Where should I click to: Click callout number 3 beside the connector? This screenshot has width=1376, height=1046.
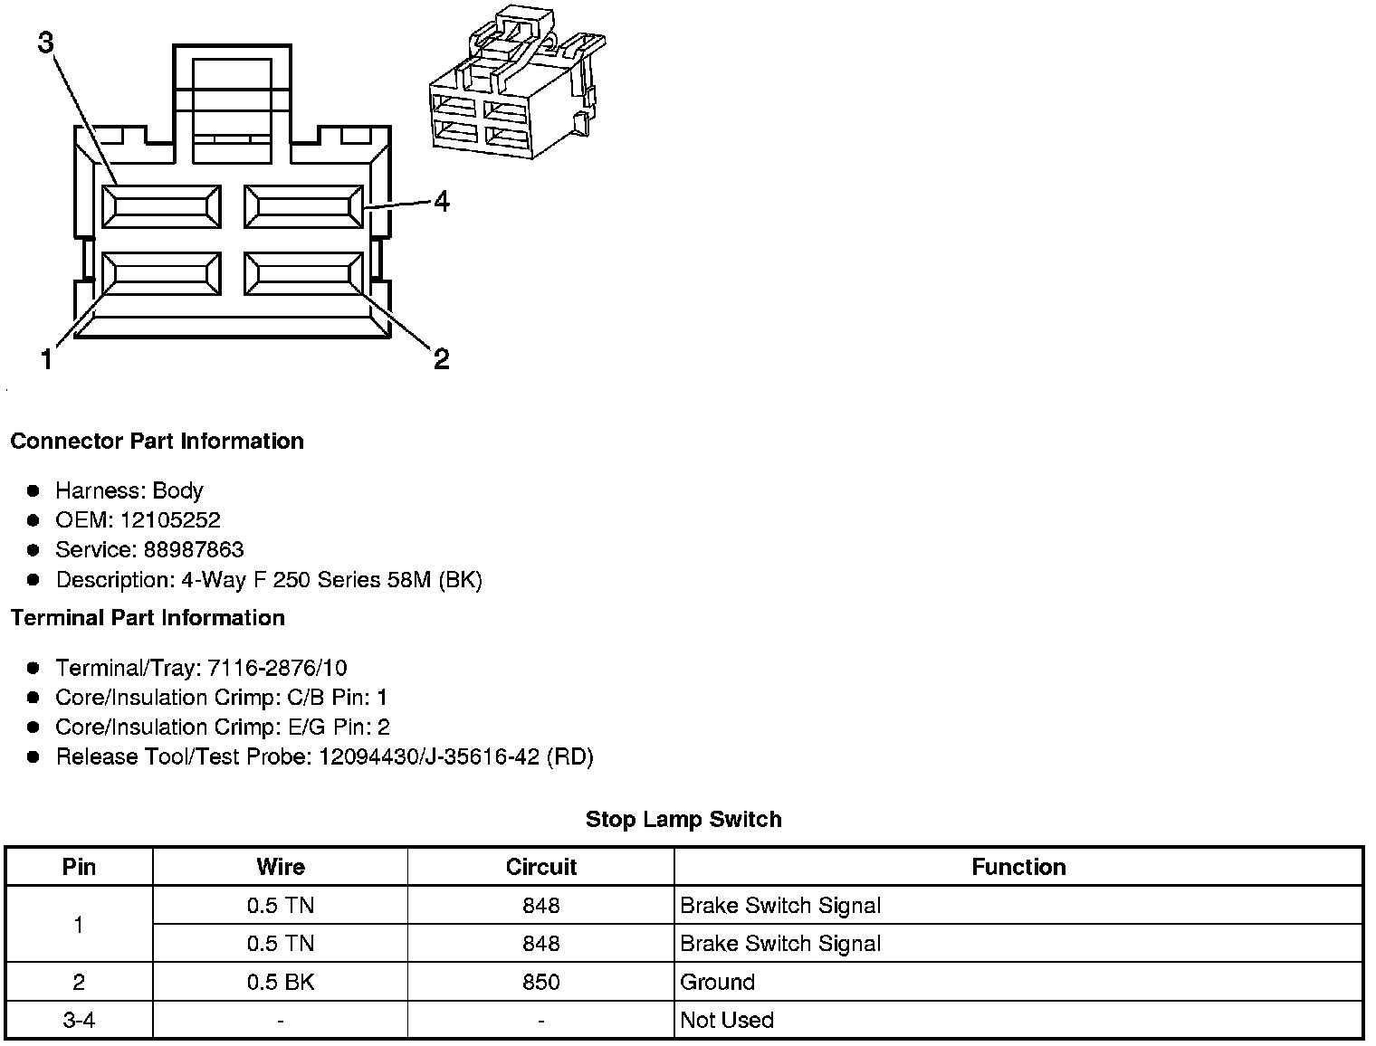46,43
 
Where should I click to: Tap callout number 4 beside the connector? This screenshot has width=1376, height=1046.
442,201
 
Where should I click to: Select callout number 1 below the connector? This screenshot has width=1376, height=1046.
46,360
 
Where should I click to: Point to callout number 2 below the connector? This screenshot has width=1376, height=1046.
441,360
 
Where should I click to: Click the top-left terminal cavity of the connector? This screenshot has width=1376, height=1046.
161,207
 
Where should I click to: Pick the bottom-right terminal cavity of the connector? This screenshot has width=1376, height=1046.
303,273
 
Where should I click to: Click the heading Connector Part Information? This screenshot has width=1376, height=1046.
157,442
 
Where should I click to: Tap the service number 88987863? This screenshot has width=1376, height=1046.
193,550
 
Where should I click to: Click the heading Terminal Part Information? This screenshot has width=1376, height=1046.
148,618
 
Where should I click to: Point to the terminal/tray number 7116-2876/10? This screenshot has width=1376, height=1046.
277,669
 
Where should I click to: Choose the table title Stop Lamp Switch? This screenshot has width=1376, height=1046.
683,820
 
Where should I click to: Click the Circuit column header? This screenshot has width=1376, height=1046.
540,867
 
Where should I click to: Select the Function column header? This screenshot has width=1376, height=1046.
1018,867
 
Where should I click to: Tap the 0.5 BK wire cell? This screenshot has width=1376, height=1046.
281,982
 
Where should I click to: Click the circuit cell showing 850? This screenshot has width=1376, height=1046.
540,982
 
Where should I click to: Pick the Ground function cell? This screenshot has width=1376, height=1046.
717,982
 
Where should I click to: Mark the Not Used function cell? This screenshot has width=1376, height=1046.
727,1021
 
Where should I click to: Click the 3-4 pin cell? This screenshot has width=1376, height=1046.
79,1021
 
